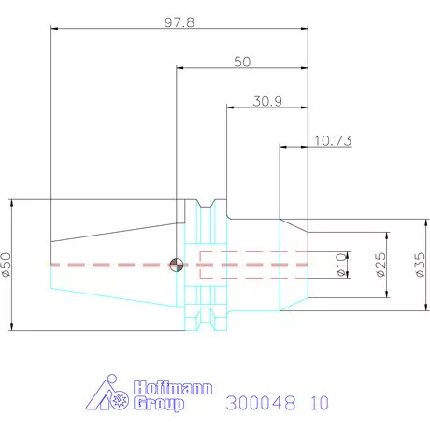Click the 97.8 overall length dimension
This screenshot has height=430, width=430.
(x=179, y=22)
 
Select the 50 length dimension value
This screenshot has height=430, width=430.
(x=242, y=62)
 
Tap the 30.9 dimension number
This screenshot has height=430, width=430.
(x=267, y=101)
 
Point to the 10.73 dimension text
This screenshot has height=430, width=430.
(x=333, y=140)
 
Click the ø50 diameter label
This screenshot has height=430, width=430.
(x=7, y=265)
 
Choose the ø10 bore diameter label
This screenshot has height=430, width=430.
(x=341, y=265)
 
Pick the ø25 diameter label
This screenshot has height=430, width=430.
(x=380, y=265)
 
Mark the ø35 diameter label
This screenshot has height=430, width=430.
(x=420, y=265)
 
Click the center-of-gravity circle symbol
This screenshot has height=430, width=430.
(x=177, y=265)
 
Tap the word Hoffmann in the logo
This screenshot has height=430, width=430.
(x=173, y=388)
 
